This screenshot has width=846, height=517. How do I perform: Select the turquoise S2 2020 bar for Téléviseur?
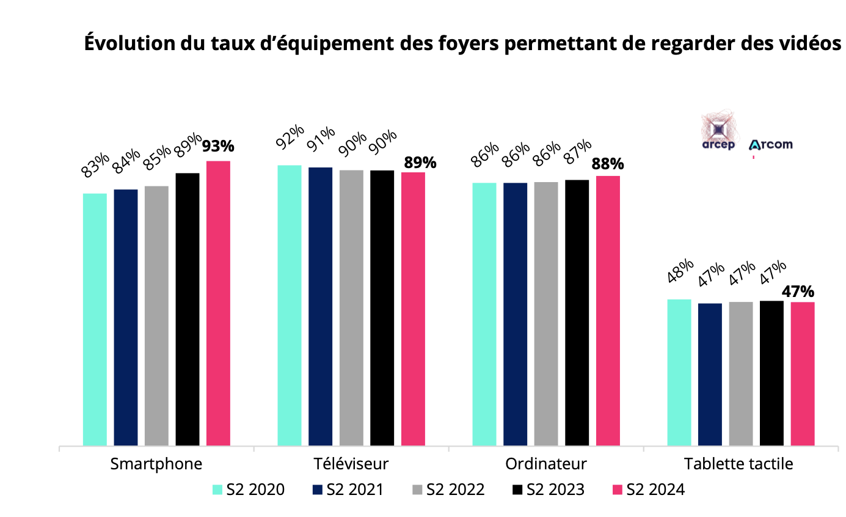point(290,305)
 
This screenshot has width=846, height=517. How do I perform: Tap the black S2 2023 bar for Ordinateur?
point(577,312)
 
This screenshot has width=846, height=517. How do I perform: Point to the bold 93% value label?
point(218,147)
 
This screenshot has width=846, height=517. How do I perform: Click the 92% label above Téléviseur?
point(289,139)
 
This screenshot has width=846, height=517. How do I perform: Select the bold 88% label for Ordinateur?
point(607,164)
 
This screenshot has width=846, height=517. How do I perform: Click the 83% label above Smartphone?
point(95,165)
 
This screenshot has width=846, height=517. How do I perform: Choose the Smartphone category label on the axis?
point(156,464)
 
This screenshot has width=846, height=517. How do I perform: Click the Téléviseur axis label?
point(351,464)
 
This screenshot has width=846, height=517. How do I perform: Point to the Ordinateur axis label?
point(546,464)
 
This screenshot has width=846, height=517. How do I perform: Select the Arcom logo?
point(770,145)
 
